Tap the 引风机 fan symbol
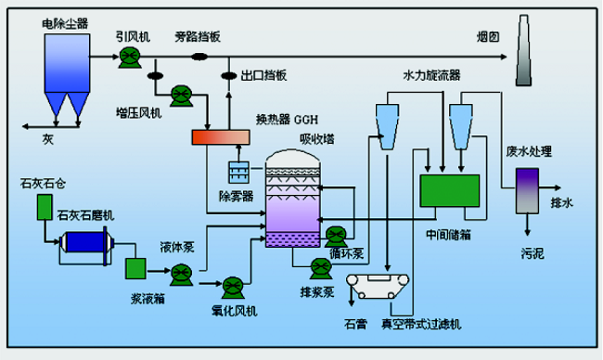tap(129, 58)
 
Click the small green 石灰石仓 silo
tap(44, 209)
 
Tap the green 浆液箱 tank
tap(136, 268)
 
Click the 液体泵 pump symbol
tap(180, 271)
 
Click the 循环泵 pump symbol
tap(336, 235)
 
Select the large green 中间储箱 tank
tap(449, 190)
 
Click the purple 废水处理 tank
tap(528, 182)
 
